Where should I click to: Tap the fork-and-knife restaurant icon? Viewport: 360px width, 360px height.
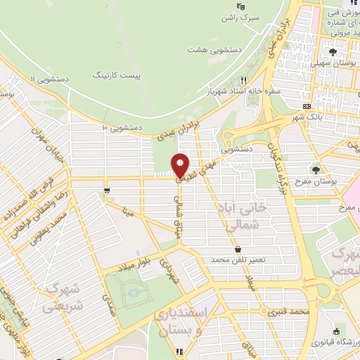(244, 79)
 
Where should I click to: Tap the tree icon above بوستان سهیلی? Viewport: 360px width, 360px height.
(333, 51)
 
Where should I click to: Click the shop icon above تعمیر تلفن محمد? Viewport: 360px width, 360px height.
(237, 249)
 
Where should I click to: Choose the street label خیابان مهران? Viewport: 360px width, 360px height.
(48, 142)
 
